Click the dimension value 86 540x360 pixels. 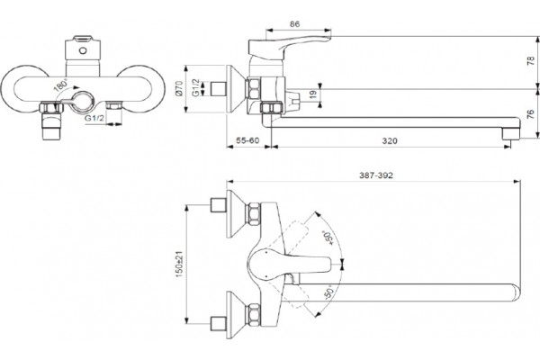pos(294,23)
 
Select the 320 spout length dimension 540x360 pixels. pos(390,140)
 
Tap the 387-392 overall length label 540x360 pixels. pos(376,175)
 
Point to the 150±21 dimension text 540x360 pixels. pos(180,264)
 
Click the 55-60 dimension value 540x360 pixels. pos(247,140)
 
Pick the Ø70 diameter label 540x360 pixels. pos(178,88)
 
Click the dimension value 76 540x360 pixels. pos(531,114)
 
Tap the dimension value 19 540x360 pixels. pos(312,94)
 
